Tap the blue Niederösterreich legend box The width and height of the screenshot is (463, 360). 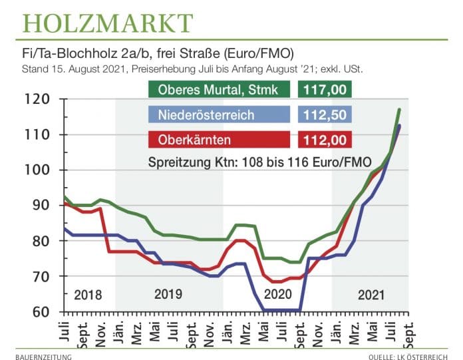(218, 115)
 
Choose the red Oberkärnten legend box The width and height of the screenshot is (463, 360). (218, 140)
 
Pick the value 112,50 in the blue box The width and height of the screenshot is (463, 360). (323, 115)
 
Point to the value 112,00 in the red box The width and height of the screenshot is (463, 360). (323, 140)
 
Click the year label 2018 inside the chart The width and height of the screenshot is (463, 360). (88, 295)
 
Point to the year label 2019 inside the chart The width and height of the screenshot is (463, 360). (169, 295)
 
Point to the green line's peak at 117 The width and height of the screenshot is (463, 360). (399, 109)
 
